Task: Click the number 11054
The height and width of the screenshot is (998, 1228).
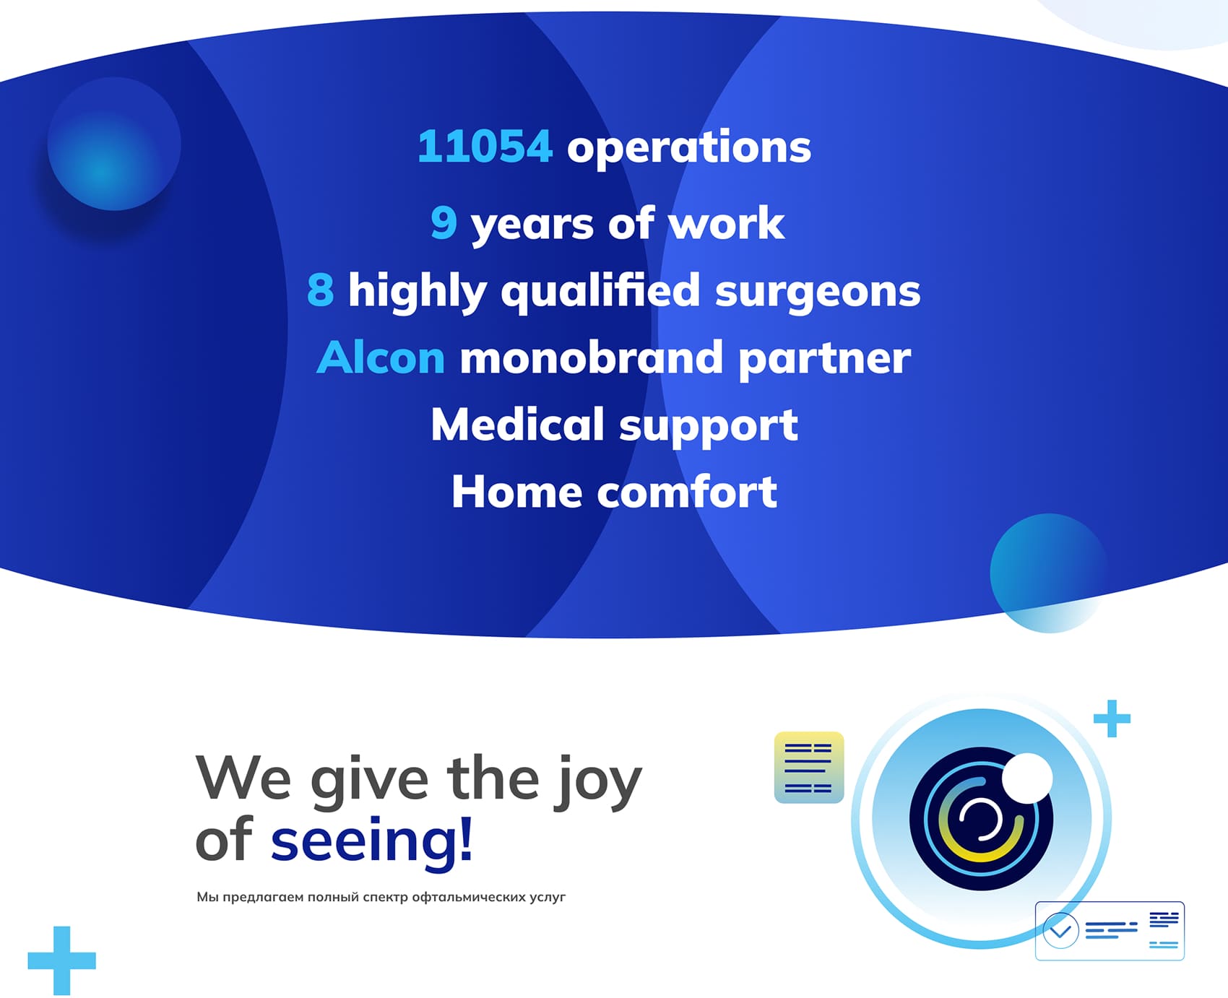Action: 485,147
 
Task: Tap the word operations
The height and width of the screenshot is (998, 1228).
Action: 689,149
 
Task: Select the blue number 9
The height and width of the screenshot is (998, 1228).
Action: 444,222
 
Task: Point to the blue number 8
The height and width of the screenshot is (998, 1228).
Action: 320,290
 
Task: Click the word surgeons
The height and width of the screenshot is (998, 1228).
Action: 818,292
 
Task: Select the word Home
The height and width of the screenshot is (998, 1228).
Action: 516,492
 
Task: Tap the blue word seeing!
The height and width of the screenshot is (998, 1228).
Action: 372,840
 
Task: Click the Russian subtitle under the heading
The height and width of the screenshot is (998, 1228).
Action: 381,897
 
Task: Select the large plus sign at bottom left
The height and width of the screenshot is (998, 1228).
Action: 62,960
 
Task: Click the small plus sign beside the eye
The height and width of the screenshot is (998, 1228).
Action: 1112,719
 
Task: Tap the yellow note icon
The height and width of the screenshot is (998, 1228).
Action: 809,767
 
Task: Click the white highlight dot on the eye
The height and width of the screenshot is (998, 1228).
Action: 1026,778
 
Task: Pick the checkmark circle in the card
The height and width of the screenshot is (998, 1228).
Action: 1060,930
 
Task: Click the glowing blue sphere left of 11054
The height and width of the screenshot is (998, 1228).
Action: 114,144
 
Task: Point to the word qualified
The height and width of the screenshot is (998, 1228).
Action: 600,291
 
